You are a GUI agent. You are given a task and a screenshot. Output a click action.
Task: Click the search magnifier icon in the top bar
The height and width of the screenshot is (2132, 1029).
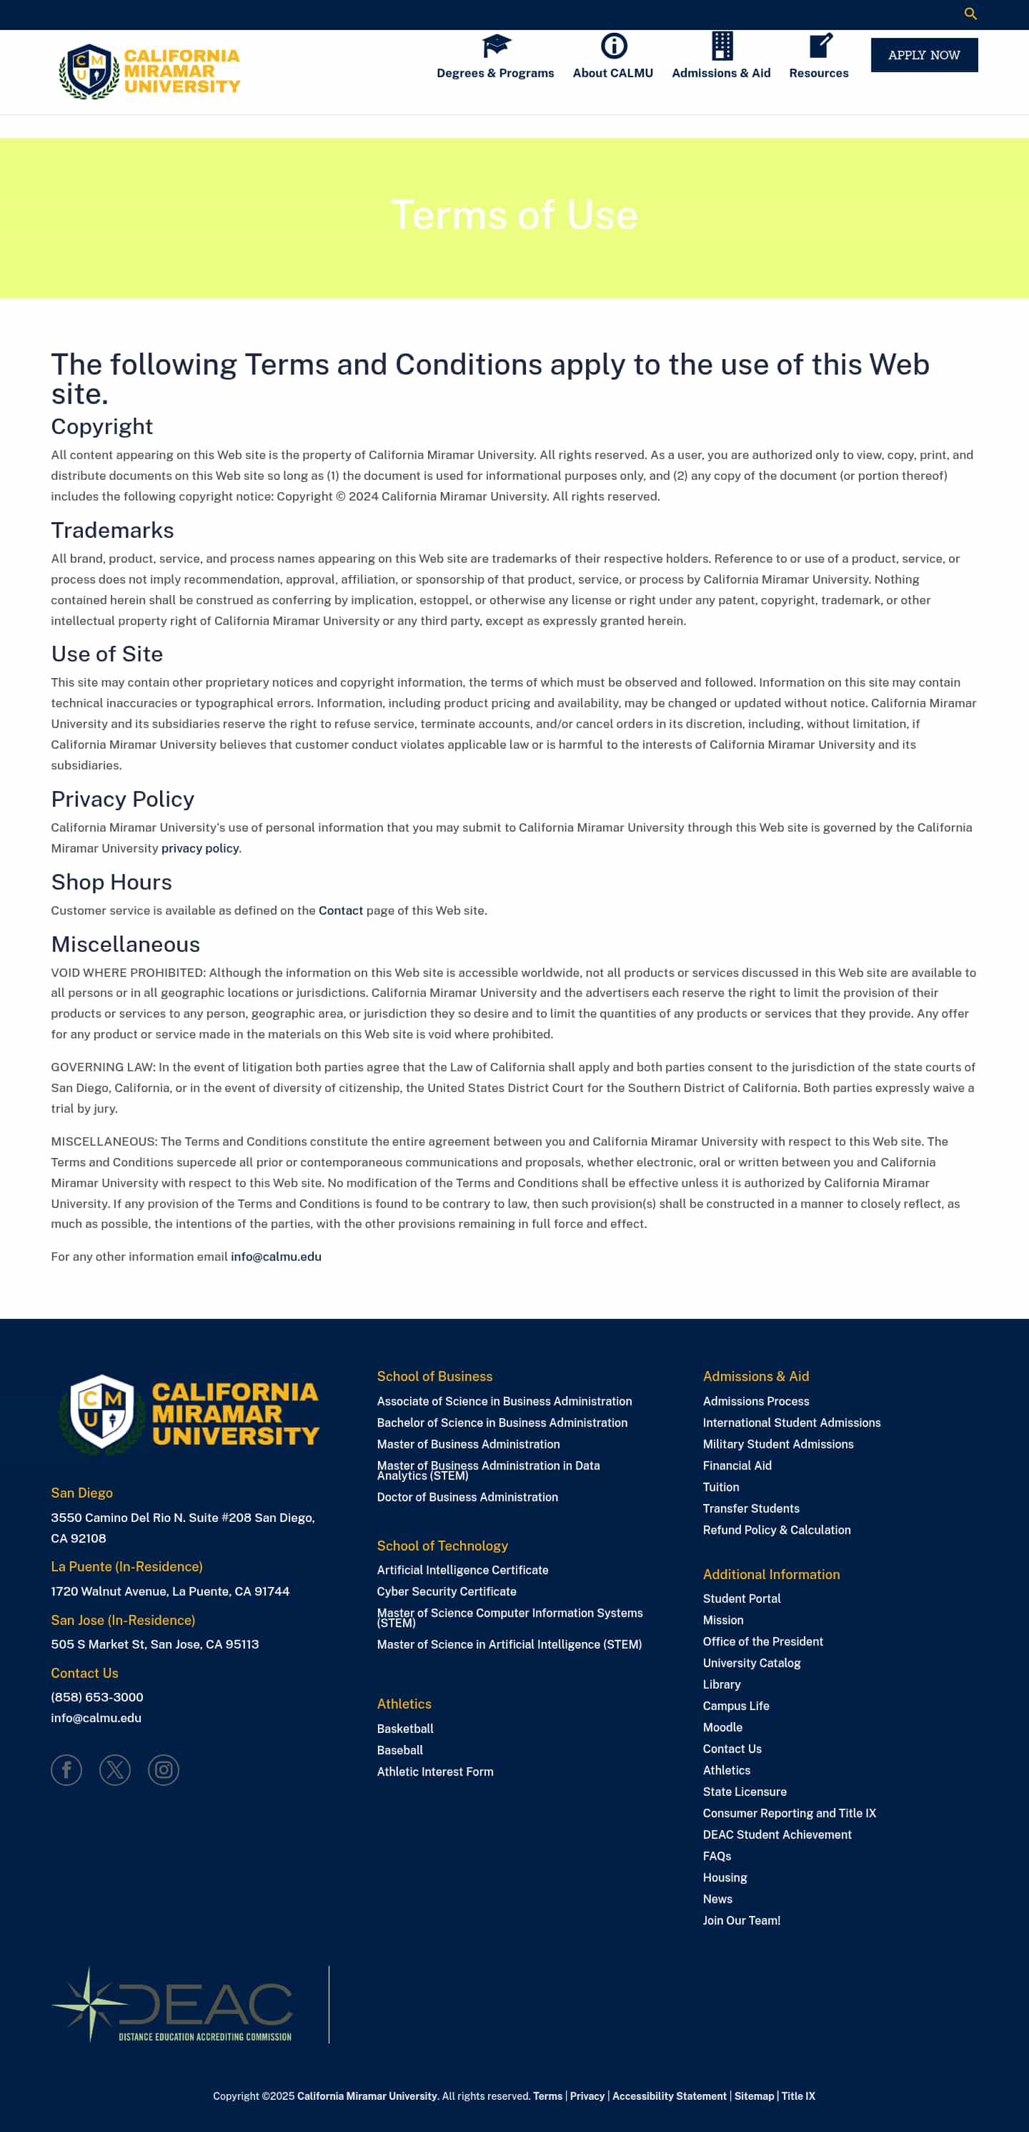click(970, 14)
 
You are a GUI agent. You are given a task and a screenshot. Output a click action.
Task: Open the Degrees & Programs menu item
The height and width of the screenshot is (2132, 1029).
click(494, 73)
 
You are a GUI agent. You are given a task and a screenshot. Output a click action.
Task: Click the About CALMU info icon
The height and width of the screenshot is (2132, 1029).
click(613, 46)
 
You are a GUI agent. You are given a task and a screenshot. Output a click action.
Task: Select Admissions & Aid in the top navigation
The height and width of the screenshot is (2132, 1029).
click(720, 73)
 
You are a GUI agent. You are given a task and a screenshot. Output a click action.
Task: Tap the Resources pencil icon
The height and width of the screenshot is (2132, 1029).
click(820, 46)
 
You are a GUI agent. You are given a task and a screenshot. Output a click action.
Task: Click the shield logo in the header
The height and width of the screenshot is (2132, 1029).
click(89, 72)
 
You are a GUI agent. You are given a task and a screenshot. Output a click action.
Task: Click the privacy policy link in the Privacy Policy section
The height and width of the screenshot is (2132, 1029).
click(199, 848)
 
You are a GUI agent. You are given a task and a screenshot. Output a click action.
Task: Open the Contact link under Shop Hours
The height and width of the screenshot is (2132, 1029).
click(340, 910)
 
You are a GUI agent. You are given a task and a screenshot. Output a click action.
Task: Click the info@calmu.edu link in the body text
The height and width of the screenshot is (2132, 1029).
click(275, 1257)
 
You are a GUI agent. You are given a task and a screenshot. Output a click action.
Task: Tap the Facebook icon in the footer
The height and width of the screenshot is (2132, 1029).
click(66, 1769)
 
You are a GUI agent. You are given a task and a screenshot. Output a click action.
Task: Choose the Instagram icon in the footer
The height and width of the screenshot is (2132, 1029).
click(163, 1769)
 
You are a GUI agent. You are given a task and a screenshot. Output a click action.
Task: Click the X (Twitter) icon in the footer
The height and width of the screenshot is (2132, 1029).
click(115, 1769)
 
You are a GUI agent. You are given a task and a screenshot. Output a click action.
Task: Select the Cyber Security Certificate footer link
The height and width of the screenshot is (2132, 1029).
click(446, 1591)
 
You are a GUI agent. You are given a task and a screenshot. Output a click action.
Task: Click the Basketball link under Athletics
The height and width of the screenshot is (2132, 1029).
click(404, 1729)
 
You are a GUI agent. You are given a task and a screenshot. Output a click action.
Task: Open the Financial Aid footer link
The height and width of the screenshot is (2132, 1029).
click(736, 1465)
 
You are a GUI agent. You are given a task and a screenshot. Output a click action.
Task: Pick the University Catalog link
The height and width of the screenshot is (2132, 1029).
click(751, 1663)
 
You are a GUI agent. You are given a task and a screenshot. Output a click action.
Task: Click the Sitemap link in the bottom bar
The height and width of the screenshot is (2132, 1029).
click(754, 2096)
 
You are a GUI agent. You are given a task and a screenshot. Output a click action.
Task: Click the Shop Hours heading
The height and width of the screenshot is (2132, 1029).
click(111, 883)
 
